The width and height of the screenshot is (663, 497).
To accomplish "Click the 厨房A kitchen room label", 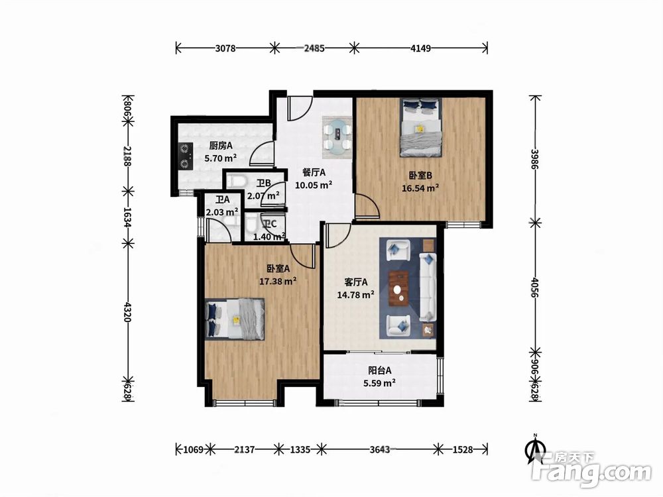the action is point(221,146).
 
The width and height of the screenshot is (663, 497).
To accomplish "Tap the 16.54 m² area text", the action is point(420,188).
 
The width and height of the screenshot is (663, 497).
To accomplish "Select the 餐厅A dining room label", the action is point(314,172).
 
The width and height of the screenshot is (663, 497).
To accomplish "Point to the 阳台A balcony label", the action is point(379,370).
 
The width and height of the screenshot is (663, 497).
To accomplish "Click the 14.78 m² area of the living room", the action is point(355,295).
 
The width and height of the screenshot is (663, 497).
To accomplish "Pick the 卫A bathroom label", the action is point(222,199).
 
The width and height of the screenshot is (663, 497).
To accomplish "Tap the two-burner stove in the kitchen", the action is point(185,156).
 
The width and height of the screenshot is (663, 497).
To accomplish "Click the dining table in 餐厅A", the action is point(337,135).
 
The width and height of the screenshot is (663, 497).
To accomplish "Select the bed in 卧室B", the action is point(421,128).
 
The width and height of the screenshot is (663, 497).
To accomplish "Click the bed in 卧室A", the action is point(235,319).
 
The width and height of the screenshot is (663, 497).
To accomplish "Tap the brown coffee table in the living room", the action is point(398,289).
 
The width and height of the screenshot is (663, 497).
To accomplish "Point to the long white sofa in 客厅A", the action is point(428,287).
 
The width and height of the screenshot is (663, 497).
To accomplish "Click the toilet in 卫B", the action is point(237,182).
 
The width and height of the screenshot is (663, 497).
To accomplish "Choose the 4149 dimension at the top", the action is point(421,48).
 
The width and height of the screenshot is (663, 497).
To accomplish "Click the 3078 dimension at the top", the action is point(225,48).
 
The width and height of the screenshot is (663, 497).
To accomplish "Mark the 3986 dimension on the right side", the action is point(535,159).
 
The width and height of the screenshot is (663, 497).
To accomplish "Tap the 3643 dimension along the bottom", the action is point(380,449).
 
